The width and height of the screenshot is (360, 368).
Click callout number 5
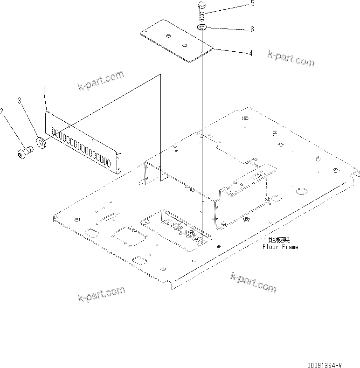[x=252, y=4]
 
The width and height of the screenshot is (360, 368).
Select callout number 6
[x=252, y=29]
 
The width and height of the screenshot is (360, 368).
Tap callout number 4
[x=250, y=54]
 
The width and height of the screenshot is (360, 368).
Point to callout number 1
[x=44, y=89]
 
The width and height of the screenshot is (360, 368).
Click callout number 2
[x=2, y=111]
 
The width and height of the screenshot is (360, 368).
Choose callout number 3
[x=20, y=101]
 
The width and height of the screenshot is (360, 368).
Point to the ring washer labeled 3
[x=40, y=142]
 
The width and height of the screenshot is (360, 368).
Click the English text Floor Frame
[x=280, y=247]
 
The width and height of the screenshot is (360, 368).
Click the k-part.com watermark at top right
[x=291, y=58]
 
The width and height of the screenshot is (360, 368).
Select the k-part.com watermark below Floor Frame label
[x=253, y=283]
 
